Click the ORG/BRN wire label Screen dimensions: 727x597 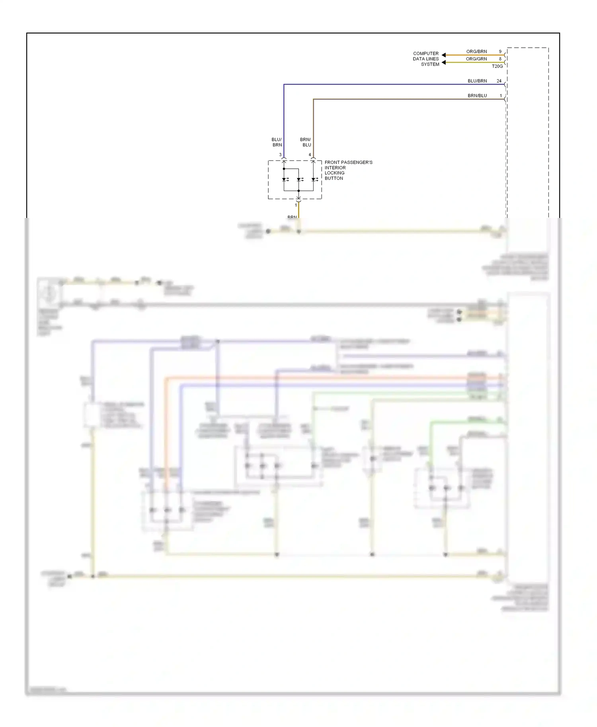(x=476, y=52)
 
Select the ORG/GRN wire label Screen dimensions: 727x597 (x=476, y=59)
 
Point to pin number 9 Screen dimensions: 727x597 (x=500, y=52)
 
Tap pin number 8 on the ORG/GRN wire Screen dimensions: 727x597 (x=500, y=59)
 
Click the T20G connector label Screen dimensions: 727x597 (x=497, y=66)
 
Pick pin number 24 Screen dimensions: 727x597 (x=499, y=81)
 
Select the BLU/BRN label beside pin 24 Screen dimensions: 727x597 (x=477, y=81)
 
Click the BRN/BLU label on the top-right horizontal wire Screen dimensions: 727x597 (x=477, y=96)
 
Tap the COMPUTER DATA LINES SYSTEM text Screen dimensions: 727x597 (x=426, y=59)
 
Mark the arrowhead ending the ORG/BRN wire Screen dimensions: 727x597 (x=444, y=55)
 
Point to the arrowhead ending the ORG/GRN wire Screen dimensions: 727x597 (x=444, y=62)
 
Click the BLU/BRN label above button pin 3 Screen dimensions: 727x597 (x=277, y=142)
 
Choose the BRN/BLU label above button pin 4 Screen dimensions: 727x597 (x=306, y=142)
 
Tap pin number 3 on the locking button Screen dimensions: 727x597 (x=280, y=155)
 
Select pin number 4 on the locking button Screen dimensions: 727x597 (x=310, y=155)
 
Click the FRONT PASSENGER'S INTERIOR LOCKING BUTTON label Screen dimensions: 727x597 (x=348, y=170)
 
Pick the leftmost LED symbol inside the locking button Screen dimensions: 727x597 (x=284, y=179)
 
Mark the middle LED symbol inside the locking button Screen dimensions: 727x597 (x=299, y=179)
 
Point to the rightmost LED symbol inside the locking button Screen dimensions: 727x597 (x=314, y=179)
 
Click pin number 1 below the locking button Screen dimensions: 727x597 (x=296, y=205)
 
